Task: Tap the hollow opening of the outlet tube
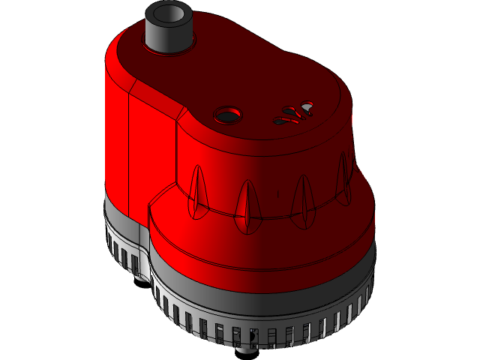[169, 13]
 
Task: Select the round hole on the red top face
[227, 115]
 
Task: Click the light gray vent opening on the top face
[307, 107]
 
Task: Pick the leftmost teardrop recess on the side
[197, 192]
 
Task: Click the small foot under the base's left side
[140, 275]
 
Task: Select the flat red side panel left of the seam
[116, 135]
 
